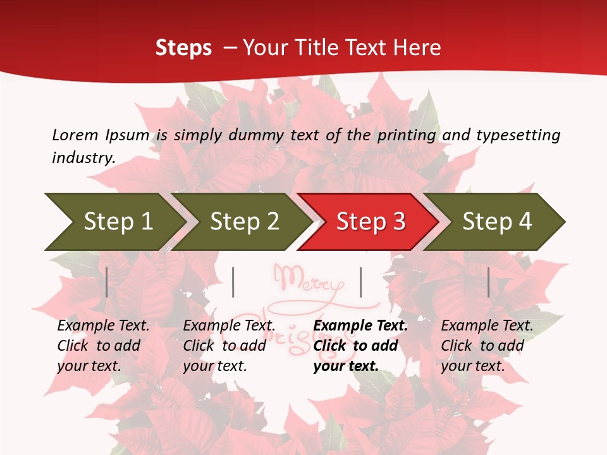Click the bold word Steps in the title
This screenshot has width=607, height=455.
[x=183, y=48]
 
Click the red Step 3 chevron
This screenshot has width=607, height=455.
[x=371, y=222]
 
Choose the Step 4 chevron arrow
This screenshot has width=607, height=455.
[x=497, y=222]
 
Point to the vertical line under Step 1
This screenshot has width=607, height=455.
[x=107, y=282]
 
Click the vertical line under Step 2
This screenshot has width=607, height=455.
[x=233, y=282]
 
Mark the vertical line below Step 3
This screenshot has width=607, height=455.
[x=360, y=282]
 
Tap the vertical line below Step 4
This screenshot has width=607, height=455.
[x=489, y=282]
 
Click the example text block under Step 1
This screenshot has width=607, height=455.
[x=103, y=346]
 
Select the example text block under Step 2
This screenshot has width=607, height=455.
[x=229, y=346]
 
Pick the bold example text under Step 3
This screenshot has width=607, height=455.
[x=360, y=346]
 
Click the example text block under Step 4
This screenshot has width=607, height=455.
[x=487, y=346]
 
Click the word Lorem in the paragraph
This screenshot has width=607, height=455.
[x=75, y=135]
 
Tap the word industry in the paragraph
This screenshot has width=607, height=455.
[x=83, y=158]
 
